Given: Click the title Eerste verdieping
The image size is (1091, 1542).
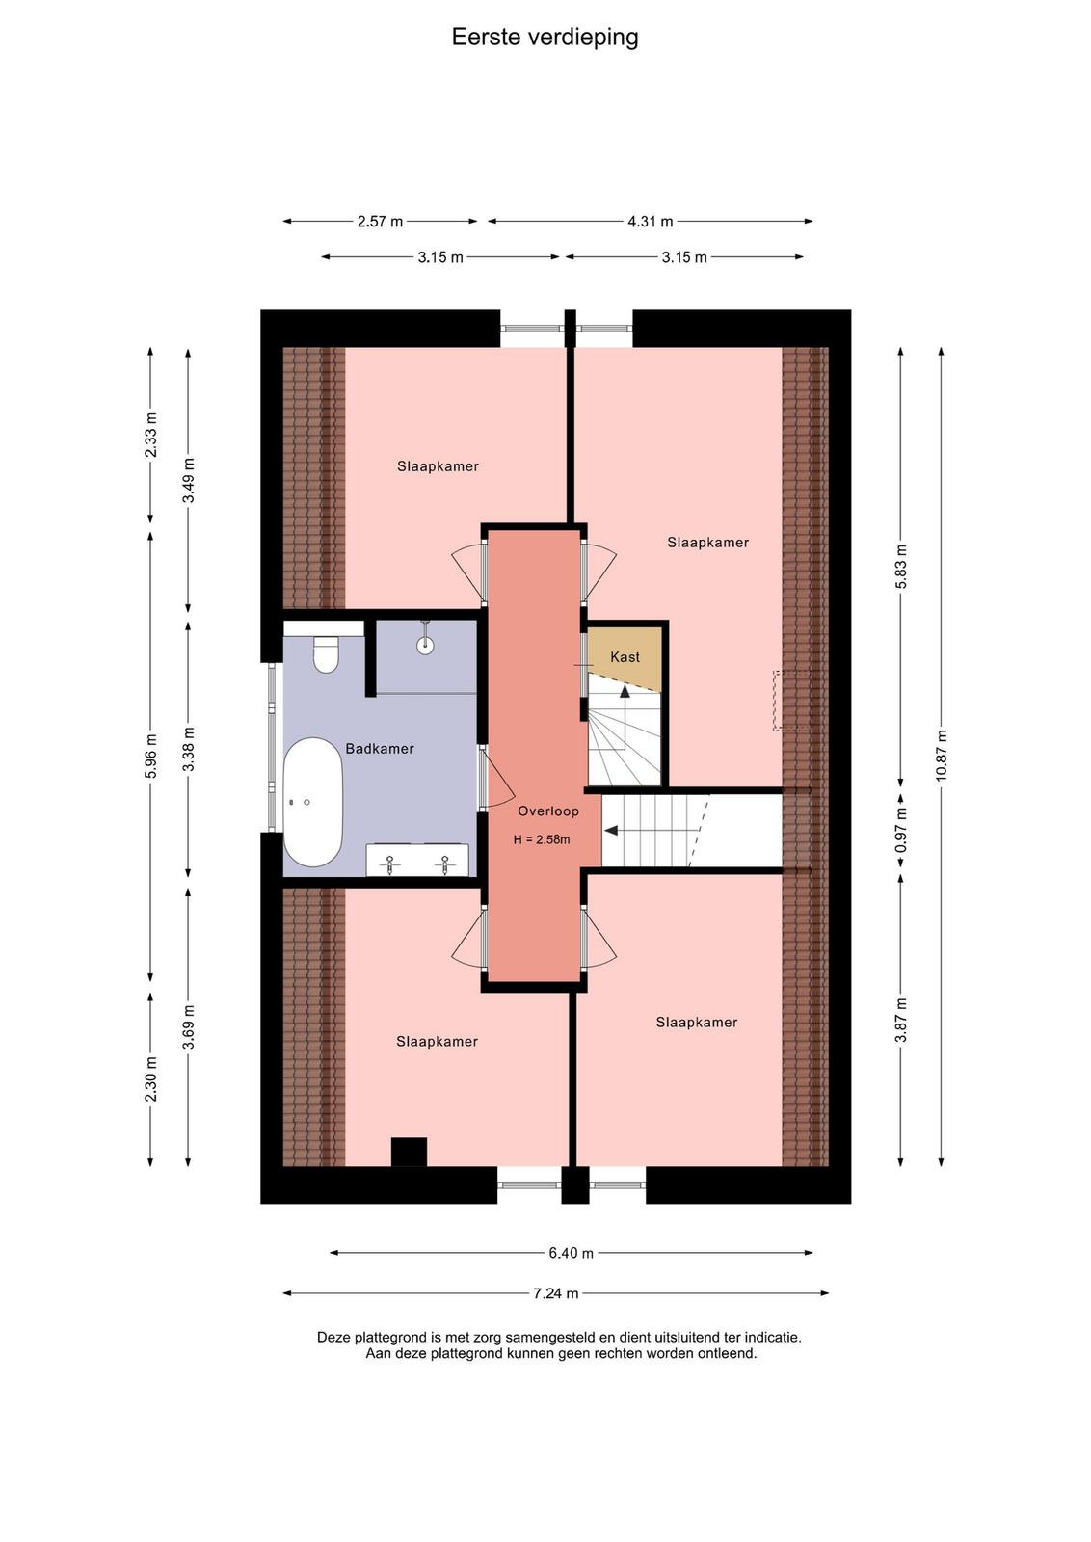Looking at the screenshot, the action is [545, 38].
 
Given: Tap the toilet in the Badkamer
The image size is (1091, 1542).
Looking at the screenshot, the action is [325, 653].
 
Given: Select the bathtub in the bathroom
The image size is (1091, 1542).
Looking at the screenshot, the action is [313, 802].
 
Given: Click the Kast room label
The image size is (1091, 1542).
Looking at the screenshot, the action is [625, 656].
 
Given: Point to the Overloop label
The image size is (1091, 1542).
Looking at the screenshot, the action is [548, 811].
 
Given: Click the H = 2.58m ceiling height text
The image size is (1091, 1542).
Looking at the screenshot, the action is [542, 839].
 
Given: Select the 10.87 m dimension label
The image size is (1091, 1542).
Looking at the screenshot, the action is [941, 755].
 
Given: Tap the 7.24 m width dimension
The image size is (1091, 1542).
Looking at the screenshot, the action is [555, 1293].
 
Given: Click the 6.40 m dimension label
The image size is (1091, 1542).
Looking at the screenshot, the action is [571, 1253].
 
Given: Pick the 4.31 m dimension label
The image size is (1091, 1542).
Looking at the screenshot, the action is [651, 222].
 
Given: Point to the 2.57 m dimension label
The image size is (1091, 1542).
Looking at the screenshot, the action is [380, 222].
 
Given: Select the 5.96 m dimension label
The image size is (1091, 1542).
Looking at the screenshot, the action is [151, 756].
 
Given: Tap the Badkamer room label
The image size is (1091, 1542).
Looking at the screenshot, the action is [380, 748].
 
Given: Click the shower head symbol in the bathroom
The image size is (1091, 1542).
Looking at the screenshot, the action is [426, 637].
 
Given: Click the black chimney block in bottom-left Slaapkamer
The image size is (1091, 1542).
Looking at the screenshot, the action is [409, 1152].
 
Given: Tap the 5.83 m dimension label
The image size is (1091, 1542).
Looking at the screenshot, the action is [901, 567].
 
